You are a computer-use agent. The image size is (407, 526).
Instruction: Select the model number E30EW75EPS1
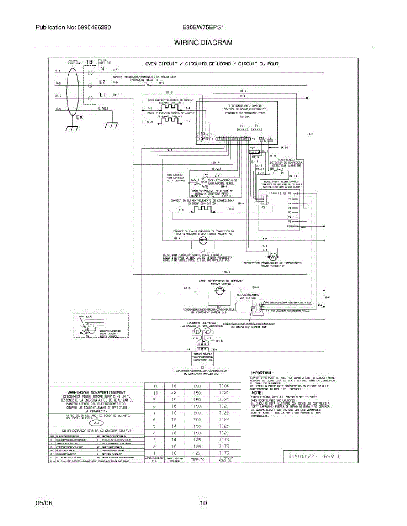click(x=203, y=27)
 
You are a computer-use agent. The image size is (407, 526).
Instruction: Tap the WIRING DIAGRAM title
click(x=203, y=43)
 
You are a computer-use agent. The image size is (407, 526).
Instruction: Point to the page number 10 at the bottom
click(x=203, y=503)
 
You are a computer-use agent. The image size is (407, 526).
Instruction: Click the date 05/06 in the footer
click(x=44, y=503)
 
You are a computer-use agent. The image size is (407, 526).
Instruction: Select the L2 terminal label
click(x=102, y=82)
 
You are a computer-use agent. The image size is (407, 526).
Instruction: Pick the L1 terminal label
click(x=102, y=95)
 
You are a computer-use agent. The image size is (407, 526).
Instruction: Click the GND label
click(x=103, y=108)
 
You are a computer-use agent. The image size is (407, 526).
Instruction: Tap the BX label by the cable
click(x=79, y=117)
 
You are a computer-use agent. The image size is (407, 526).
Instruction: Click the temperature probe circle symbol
click(x=273, y=256)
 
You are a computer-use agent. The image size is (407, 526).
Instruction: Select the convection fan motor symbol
click(x=203, y=241)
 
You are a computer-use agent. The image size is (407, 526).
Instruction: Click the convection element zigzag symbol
click(x=203, y=210)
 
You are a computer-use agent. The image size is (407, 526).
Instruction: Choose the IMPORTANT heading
click(x=262, y=373)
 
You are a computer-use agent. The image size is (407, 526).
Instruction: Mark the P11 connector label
click(x=242, y=126)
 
